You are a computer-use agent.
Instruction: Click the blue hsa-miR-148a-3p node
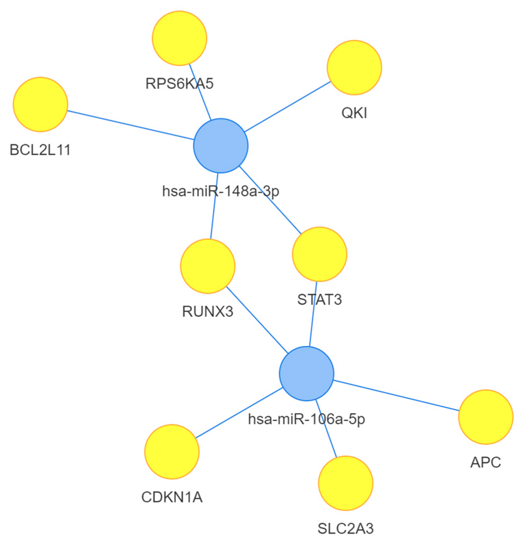[221, 146]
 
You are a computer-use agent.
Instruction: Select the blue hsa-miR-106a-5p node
[307, 373]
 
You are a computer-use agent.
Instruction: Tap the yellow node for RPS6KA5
[179, 38]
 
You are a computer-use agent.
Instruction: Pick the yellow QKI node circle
[354, 68]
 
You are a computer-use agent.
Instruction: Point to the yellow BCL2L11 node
[41, 105]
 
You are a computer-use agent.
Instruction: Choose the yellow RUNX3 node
[208, 266]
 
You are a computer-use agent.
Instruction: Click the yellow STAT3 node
[319, 254]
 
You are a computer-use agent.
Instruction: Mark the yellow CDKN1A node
[172, 452]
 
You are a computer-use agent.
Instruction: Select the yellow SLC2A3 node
[346, 483]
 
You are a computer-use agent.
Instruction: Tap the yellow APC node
[486, 417]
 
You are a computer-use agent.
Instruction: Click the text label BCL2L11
[40, 150]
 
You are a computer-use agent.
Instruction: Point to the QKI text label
[354, 113]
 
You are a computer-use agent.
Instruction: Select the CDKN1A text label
[172, 497]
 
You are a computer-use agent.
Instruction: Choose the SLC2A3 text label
[346, 529]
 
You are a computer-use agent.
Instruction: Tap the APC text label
[486, 462]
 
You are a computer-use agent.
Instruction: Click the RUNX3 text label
[208, 311]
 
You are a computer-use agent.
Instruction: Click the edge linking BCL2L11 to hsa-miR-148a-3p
[131, 125]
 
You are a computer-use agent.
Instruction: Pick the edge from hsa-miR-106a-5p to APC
[396, 395]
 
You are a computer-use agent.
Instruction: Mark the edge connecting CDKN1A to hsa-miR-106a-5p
[239, 413]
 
